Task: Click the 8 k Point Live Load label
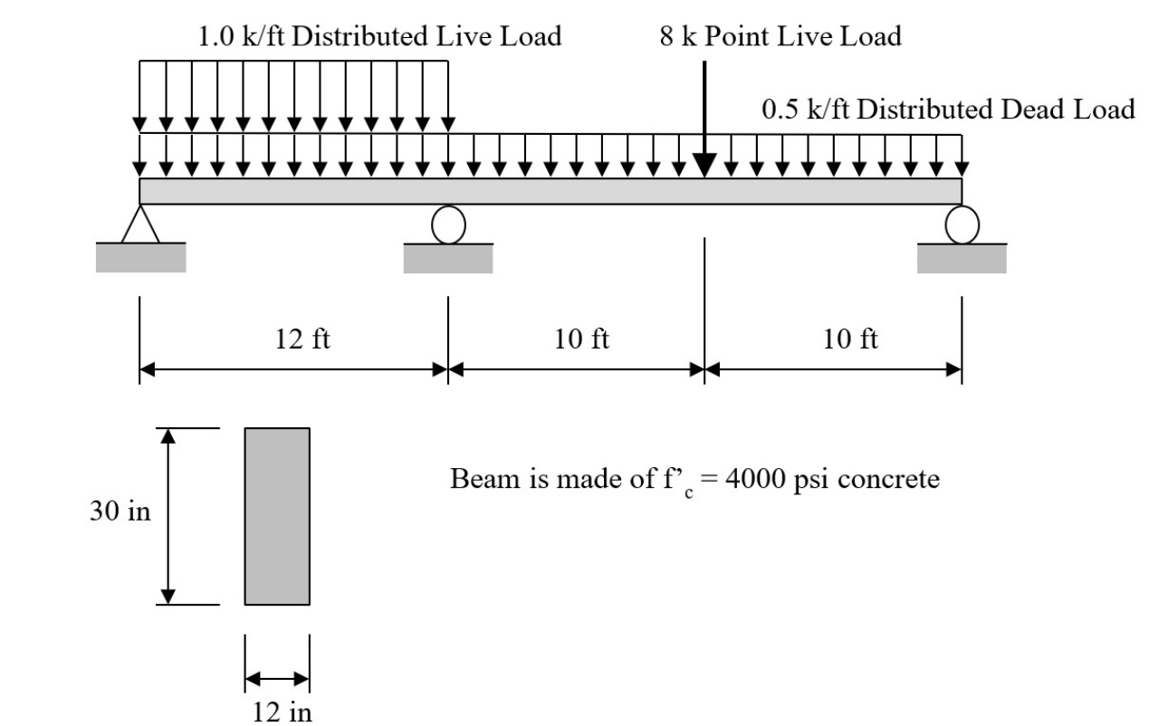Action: (x=780, y=36)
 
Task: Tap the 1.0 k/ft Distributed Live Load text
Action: (x=379, y=36)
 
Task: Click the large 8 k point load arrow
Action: (x=704, y=118)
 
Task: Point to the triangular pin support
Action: (x=139, y=224)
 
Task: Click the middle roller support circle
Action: (x=448, y=224)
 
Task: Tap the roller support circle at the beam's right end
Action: (x=962, y=224)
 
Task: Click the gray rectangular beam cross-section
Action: (x=277, y=516)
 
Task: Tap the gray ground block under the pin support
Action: (x=140, y=258)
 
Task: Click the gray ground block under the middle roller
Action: (x=448, y=259)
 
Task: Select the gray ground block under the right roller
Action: (x=962, y=259)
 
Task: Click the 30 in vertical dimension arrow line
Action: (x=168, y=516)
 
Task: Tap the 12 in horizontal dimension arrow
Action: (x=277, y=678)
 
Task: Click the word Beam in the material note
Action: (x=478, y=478)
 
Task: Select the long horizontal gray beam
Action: (x=550, y=191)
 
